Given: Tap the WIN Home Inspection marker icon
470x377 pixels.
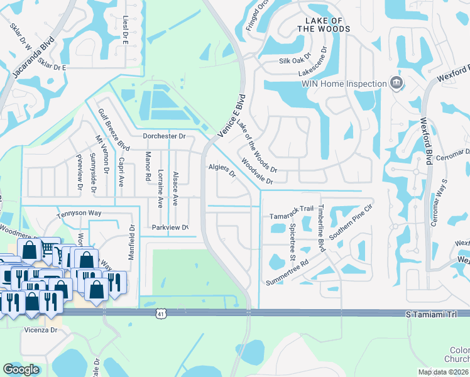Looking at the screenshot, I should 396,83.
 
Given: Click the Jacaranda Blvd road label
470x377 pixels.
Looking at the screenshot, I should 33,57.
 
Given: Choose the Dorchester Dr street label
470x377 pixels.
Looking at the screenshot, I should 164,136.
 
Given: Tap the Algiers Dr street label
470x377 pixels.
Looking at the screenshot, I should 222,170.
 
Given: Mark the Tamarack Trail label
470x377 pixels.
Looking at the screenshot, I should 291,209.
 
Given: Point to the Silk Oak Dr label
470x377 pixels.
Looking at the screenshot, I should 295,61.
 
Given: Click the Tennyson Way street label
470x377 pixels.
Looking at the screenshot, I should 79,213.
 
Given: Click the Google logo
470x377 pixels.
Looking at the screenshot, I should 21,369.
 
